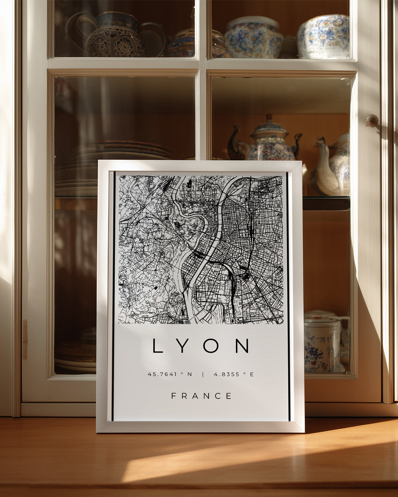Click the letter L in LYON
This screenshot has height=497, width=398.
[157, 346]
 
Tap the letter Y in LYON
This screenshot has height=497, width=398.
[183, 346]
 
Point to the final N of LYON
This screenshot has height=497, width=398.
[242, 346]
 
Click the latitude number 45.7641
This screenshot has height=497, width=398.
[162, 374]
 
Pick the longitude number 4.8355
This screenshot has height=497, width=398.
[227, 374]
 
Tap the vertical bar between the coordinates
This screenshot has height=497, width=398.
[203, 374]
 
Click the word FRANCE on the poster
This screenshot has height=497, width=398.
[202, 396]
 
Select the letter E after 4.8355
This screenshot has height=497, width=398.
[252, 374]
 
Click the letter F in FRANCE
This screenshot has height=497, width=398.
[174, 396]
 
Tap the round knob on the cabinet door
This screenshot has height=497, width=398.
[371, 120]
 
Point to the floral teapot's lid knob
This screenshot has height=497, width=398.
[269, 117]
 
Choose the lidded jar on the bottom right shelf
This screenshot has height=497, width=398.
[322, 341]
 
